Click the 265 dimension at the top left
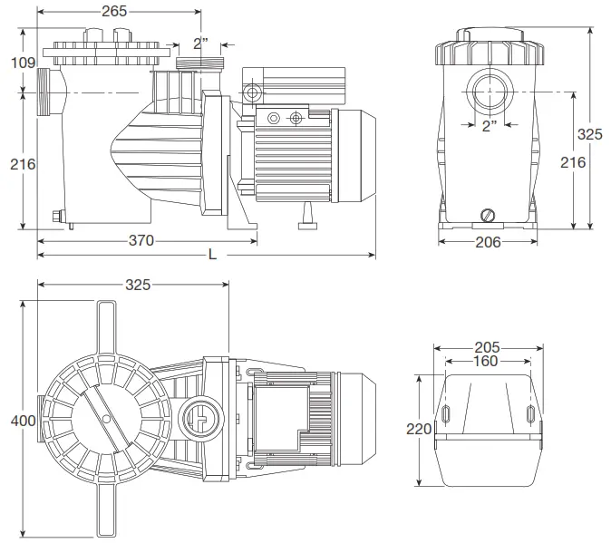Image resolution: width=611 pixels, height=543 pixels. pyautogui.click(x=115, y=11)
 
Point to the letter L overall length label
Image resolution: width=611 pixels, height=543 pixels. pyautogui.click(x=212, y=255)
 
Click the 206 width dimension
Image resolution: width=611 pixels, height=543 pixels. pyautogui.click(x=488, y=241)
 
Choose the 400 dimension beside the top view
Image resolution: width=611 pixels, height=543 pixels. pyautogui.click(x=17, y=421)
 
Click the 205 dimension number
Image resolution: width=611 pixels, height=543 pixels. pyautogui.click(x=488, y=348)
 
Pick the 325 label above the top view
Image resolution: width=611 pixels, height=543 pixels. pyautogui.click(x=137, y=284)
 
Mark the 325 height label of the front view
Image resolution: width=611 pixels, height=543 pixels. pyautogui.click(x=590, y=133)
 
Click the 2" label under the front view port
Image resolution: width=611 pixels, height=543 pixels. pyautogui.click(x=490, y=126)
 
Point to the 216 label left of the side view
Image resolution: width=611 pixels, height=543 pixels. pyautogui.click(x=24, y=164)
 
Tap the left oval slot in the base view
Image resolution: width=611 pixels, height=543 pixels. pyautogui.click(x=446, y=415)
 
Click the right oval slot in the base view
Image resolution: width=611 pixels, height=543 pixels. pyautogui.click(x=530, y=415)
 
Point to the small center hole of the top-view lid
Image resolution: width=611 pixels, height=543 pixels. pyautogui.click(x=108, y=419)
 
